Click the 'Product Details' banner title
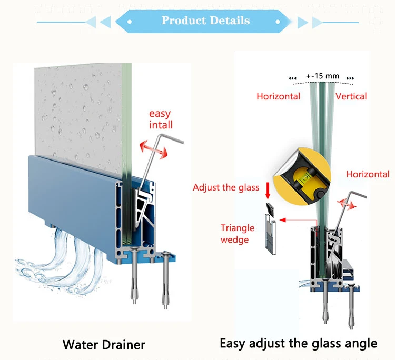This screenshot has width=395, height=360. tap(205, 21)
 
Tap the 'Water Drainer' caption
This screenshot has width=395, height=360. tap(104, 344)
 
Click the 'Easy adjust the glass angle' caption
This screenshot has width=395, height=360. tap(299, 344)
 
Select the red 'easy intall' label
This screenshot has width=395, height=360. tap(161, 119)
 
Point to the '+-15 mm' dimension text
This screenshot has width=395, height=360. tap(323, 76)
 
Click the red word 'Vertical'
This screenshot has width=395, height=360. tap(351, 96)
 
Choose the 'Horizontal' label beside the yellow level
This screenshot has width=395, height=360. tap(368, 174)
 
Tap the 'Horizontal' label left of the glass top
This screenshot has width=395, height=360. tap(279, 96)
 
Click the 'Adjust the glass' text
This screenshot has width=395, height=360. tap(226, 187)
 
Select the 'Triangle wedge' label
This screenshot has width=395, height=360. tap(238, 234)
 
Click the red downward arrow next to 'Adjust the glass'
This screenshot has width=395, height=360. tap(268, 191)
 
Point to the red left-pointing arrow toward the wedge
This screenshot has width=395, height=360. tap(298, 220)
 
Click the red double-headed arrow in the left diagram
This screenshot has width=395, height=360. tap(154, 150)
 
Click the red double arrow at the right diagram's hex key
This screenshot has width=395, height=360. tap(347, 204)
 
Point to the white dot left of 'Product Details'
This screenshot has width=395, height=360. tap(130, 22)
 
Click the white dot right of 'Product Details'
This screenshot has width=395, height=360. tap(278, 22)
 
